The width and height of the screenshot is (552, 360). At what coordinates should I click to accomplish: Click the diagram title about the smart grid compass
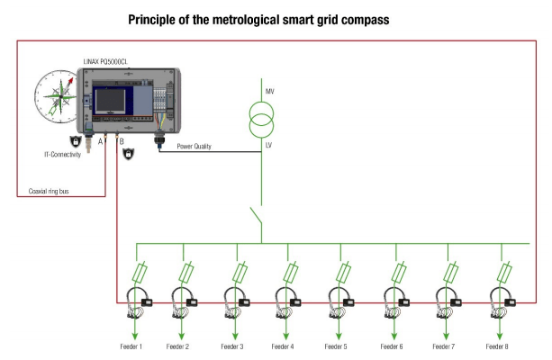[258, 19]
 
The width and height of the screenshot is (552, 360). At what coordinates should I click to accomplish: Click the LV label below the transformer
[268, 142]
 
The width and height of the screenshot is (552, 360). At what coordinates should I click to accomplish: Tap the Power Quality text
[194, 146]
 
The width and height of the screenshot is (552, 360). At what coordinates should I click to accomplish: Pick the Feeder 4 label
[282, 346]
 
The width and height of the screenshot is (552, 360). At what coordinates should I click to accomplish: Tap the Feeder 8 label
[497, 346]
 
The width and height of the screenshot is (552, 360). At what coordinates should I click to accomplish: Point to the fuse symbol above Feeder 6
[397, 271]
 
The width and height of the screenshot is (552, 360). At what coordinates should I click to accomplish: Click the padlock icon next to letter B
[128, 155]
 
